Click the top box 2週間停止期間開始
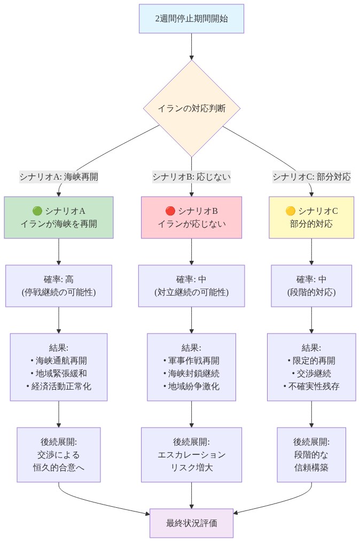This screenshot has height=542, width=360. tap(191, 19)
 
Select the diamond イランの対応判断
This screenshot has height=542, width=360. tap(191, 108)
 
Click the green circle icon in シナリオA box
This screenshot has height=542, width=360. tap(37, 211)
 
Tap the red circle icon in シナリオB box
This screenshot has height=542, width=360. tap(170, 211)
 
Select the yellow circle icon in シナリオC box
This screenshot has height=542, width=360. tap(290, 211)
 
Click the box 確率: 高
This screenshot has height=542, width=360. tap(59, 285)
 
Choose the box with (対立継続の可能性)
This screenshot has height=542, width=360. tap(191, 292)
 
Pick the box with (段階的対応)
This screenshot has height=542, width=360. tap(311, 292)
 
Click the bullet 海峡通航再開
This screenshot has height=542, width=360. tap(59, 360)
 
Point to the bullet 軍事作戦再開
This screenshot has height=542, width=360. tap(191, 360)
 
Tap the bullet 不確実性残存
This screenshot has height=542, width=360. tap(311, 386)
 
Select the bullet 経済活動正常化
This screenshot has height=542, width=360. tap(59, 386)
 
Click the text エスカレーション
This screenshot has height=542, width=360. tap(191, 454)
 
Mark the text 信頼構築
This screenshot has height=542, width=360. tap(311, 467)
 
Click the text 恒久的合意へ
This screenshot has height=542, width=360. tap(59, 467)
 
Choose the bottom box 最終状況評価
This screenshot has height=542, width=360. tap(191, 523)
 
